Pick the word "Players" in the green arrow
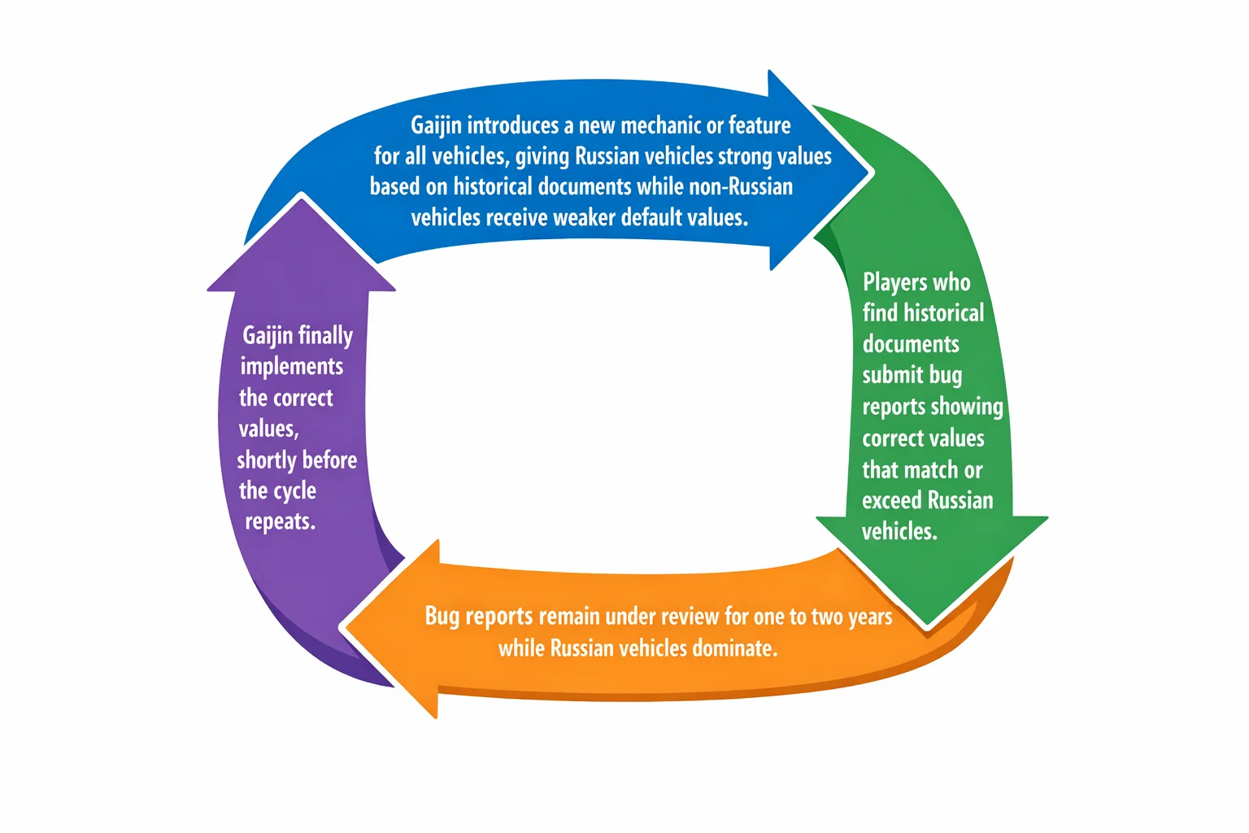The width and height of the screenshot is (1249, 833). tap(894, 282)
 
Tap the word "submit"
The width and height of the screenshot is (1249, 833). tap(894, 375)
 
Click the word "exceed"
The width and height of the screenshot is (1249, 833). tap(891, 500)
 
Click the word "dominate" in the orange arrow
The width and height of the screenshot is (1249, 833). tap(733, 648)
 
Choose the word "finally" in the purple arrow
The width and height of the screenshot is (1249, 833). tap(325, 336)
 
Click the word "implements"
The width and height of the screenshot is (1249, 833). tap(291, 367)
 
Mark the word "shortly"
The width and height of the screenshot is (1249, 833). tap(267, 460)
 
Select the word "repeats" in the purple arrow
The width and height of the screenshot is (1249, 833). tap(280, 522)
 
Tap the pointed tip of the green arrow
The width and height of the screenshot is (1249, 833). tap(928, 625)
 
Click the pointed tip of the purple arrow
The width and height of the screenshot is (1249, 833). tap(302, 196)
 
